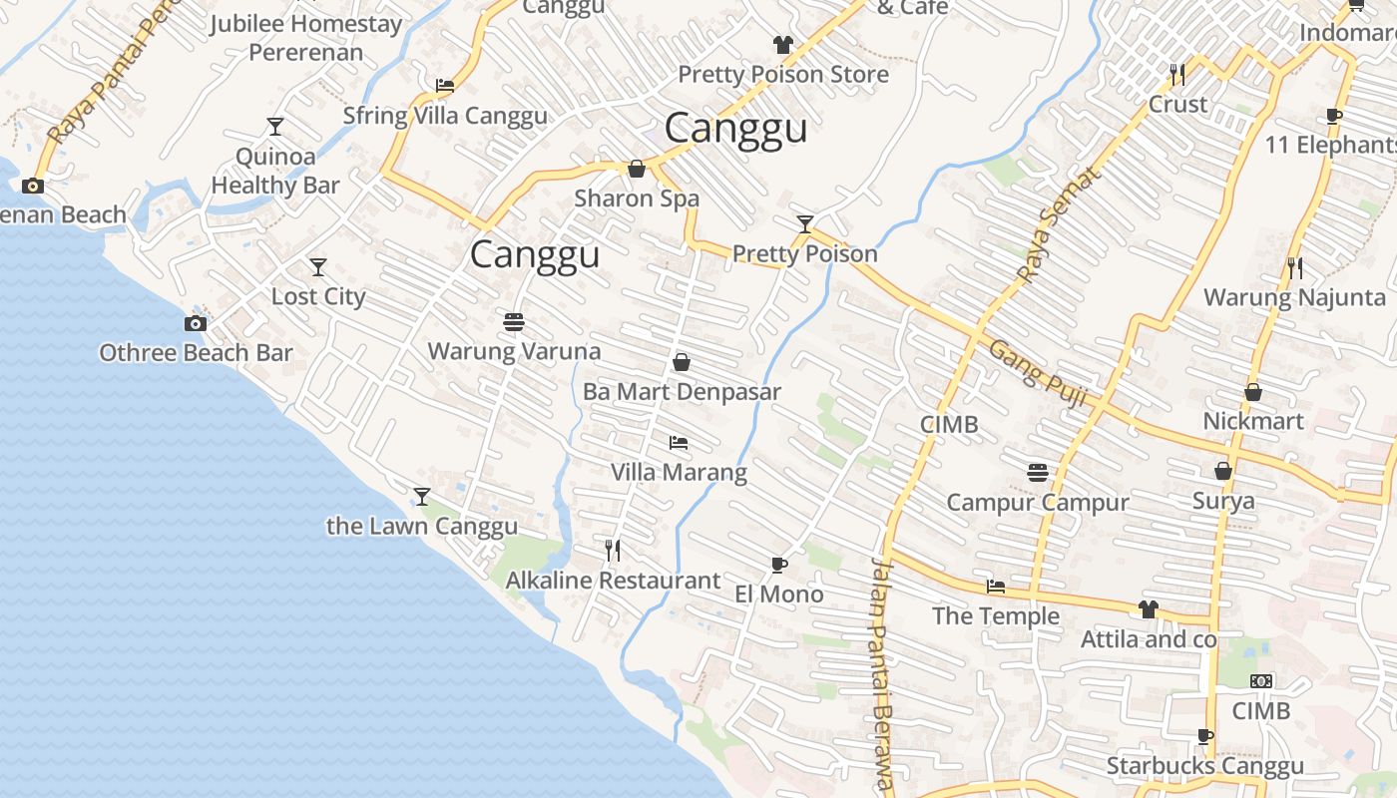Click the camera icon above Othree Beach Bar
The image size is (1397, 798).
196,323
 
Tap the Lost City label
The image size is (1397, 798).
318,296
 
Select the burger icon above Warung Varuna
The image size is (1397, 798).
514,322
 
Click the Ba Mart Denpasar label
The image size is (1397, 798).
682,392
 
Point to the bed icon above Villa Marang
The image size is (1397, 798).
679,442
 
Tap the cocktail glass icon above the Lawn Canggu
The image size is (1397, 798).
422,496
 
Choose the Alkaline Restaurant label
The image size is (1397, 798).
613,580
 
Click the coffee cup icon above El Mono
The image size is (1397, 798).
779,566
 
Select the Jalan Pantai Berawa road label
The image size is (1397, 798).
880,674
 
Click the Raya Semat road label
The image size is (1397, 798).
1058,224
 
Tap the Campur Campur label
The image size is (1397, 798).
1038,502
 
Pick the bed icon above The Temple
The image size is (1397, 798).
995,587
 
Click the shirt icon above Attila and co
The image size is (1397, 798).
1149,608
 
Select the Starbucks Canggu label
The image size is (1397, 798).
1204,766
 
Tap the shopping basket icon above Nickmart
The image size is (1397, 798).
1253,392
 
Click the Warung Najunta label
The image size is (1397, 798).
1294,297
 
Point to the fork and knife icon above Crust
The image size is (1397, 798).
1177,74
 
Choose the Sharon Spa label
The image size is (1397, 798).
637,199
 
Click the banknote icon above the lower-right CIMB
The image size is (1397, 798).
1261,681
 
